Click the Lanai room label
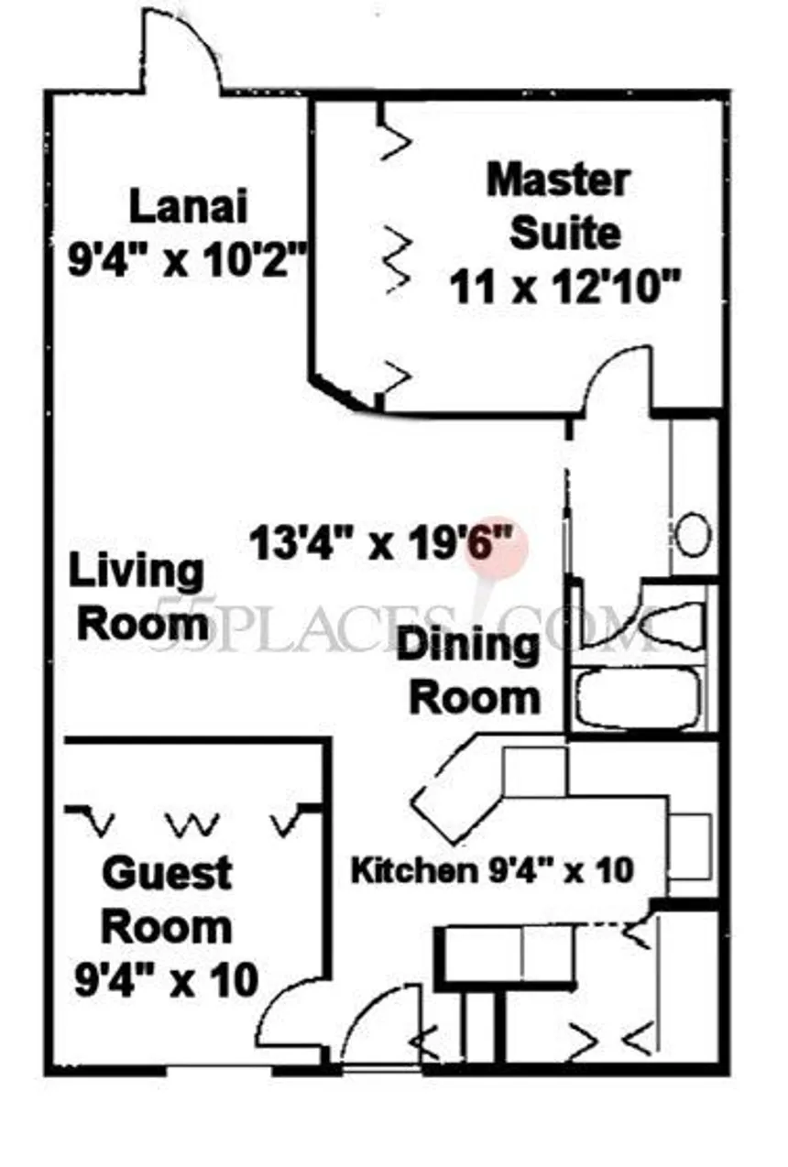tap(188, 206)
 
